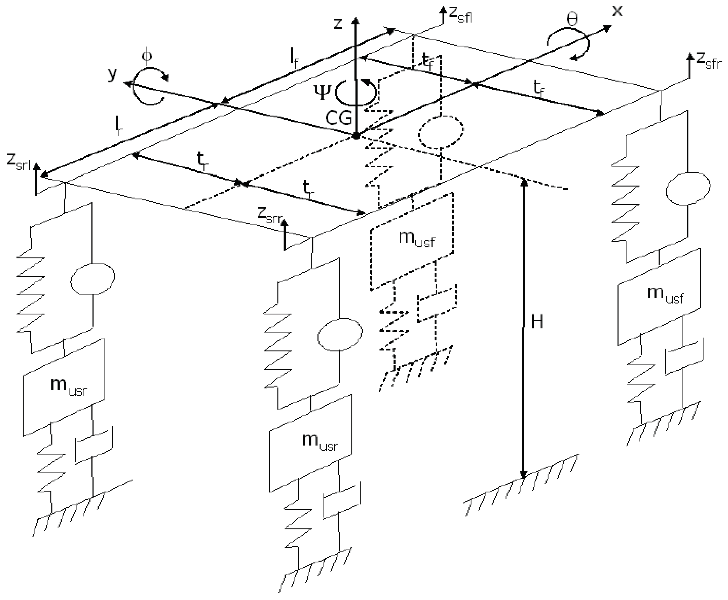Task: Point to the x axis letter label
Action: click(617, 11)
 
